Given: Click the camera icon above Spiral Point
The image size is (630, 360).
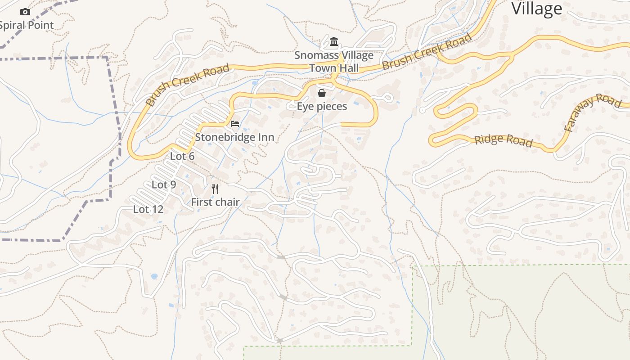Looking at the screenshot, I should pos(25,12).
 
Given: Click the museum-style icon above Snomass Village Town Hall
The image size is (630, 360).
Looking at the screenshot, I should pos(334,42).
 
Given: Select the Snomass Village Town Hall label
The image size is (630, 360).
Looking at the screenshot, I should pos(334,62).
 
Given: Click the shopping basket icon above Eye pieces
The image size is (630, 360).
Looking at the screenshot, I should pos(322,93).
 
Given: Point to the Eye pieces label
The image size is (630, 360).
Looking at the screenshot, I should pos(322,107).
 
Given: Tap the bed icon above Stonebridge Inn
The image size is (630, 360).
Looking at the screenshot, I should pos(234,124).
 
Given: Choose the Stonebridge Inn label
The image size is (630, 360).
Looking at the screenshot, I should pos(234,137).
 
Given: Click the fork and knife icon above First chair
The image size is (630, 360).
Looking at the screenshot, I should pos(215,189).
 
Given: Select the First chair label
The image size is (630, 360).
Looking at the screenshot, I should pos(215,202).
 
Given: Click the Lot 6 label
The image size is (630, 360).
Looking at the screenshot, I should pos(182,156).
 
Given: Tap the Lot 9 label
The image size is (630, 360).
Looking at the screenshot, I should pos(164,184).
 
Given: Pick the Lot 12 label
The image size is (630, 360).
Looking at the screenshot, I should pos(148,209).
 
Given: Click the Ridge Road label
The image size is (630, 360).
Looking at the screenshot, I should pos(504,140).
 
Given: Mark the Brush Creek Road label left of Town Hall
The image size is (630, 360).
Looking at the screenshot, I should pos(188,85).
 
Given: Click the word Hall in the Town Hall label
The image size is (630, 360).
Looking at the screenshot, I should pos(349,68).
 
